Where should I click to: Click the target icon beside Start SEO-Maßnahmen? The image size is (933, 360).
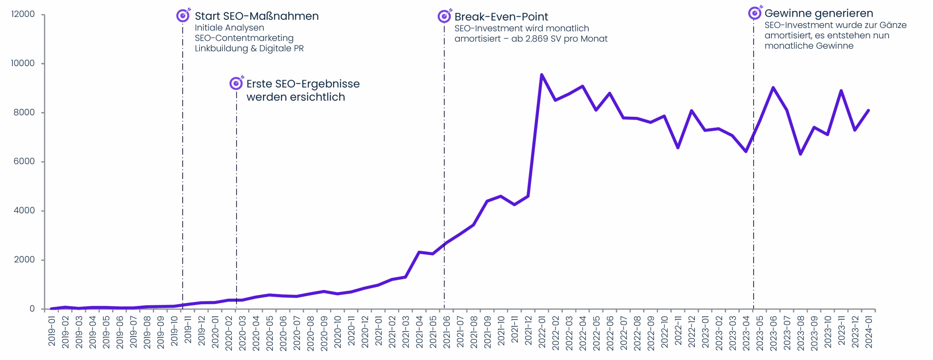[x=183, y=16]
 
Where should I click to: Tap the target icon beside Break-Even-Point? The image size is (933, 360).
[x=444, y=16]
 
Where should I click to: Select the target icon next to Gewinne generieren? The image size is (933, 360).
[x=755, y=13]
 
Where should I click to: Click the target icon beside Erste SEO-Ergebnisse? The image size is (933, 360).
[x=236, y=83]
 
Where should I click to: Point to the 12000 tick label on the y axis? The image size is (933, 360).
[x=23, y=14]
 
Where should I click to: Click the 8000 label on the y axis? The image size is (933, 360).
[x=24, y=112]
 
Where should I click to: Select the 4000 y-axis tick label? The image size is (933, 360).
[x=24, y=210]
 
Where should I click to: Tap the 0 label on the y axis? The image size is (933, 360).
[x=32, y=309]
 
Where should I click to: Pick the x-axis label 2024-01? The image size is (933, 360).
[x=869, y=332]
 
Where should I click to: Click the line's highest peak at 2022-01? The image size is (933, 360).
[x=542, y=75]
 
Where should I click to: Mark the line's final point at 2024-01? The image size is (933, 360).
[x=869, y=110]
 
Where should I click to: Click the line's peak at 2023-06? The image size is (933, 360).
[x=773, y=88]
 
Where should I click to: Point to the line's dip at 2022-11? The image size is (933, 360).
[x=678, y=148]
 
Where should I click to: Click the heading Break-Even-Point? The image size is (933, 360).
[x=501, y=17]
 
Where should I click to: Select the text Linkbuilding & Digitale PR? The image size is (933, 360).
[x=249, y=48]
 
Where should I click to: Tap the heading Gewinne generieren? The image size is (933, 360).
[x=819, y=13]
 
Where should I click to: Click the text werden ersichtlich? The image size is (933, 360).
[x=296, y=97]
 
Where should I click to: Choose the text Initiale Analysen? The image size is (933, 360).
[x=229, y=28]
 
